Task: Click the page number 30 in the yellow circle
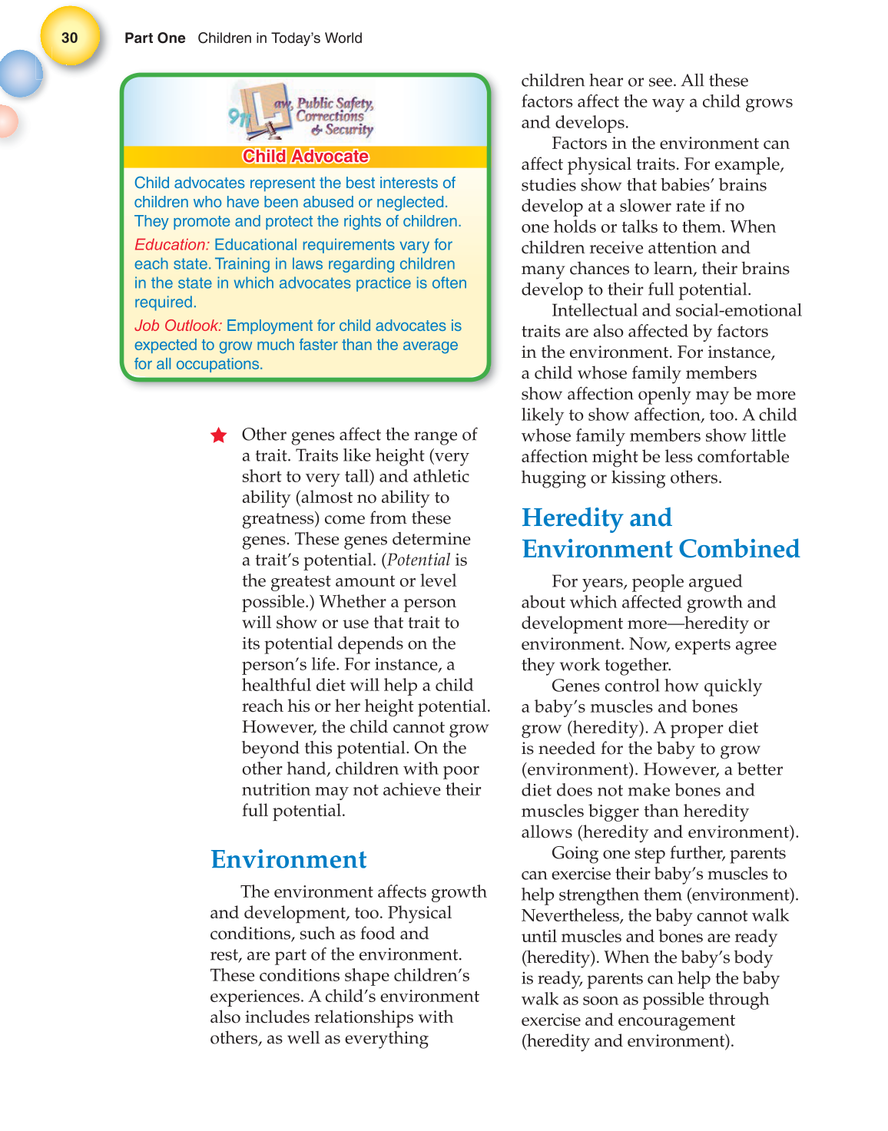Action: pyautogui.click(x=70, y=38)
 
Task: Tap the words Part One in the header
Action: pyautogui.click(x=154, y=38)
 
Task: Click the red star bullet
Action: pyautogui.click(x=219, y=436)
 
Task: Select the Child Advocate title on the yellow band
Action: pyautogui.click(x=306, y=157)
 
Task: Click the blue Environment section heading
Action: pyautogui.click(x=289, y=859)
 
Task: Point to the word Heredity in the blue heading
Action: pyautogui.click(x=572, y=518)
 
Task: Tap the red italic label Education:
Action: pyautogui.click(x=171, y=245)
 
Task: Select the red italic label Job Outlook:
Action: pyautogui.click(x=177, y=326)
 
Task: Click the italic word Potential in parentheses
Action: pyautogui.click(x=419, y=561)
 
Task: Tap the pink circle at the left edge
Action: pyautogui.click(x=6, y=121)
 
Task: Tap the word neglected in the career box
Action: pyautogui.click(x=410, y=203)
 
